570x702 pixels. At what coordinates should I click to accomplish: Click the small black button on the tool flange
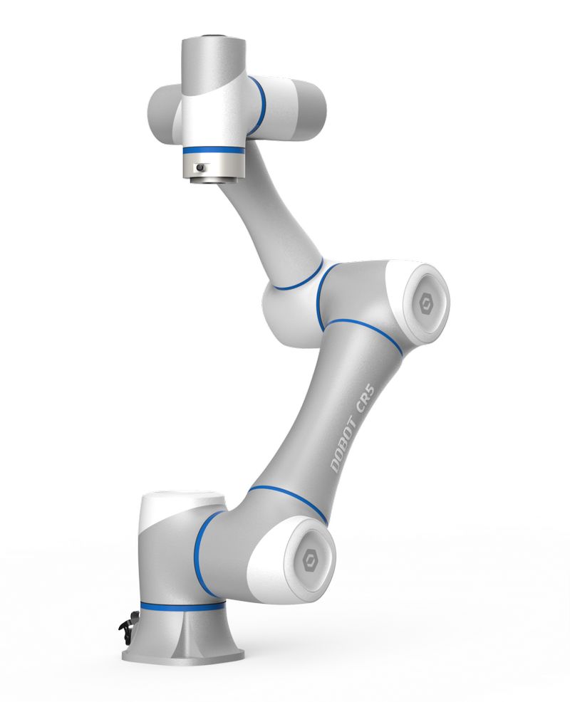[200, 168]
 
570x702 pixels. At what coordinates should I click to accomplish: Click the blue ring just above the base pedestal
[182, 607]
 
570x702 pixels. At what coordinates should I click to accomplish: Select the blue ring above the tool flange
[212, 152]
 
